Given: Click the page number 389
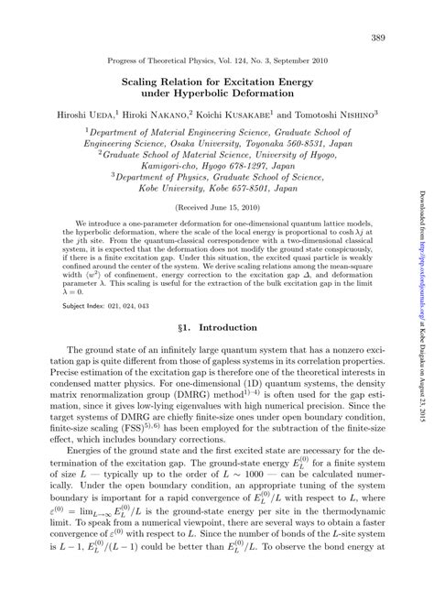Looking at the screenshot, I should click(376, 38).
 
